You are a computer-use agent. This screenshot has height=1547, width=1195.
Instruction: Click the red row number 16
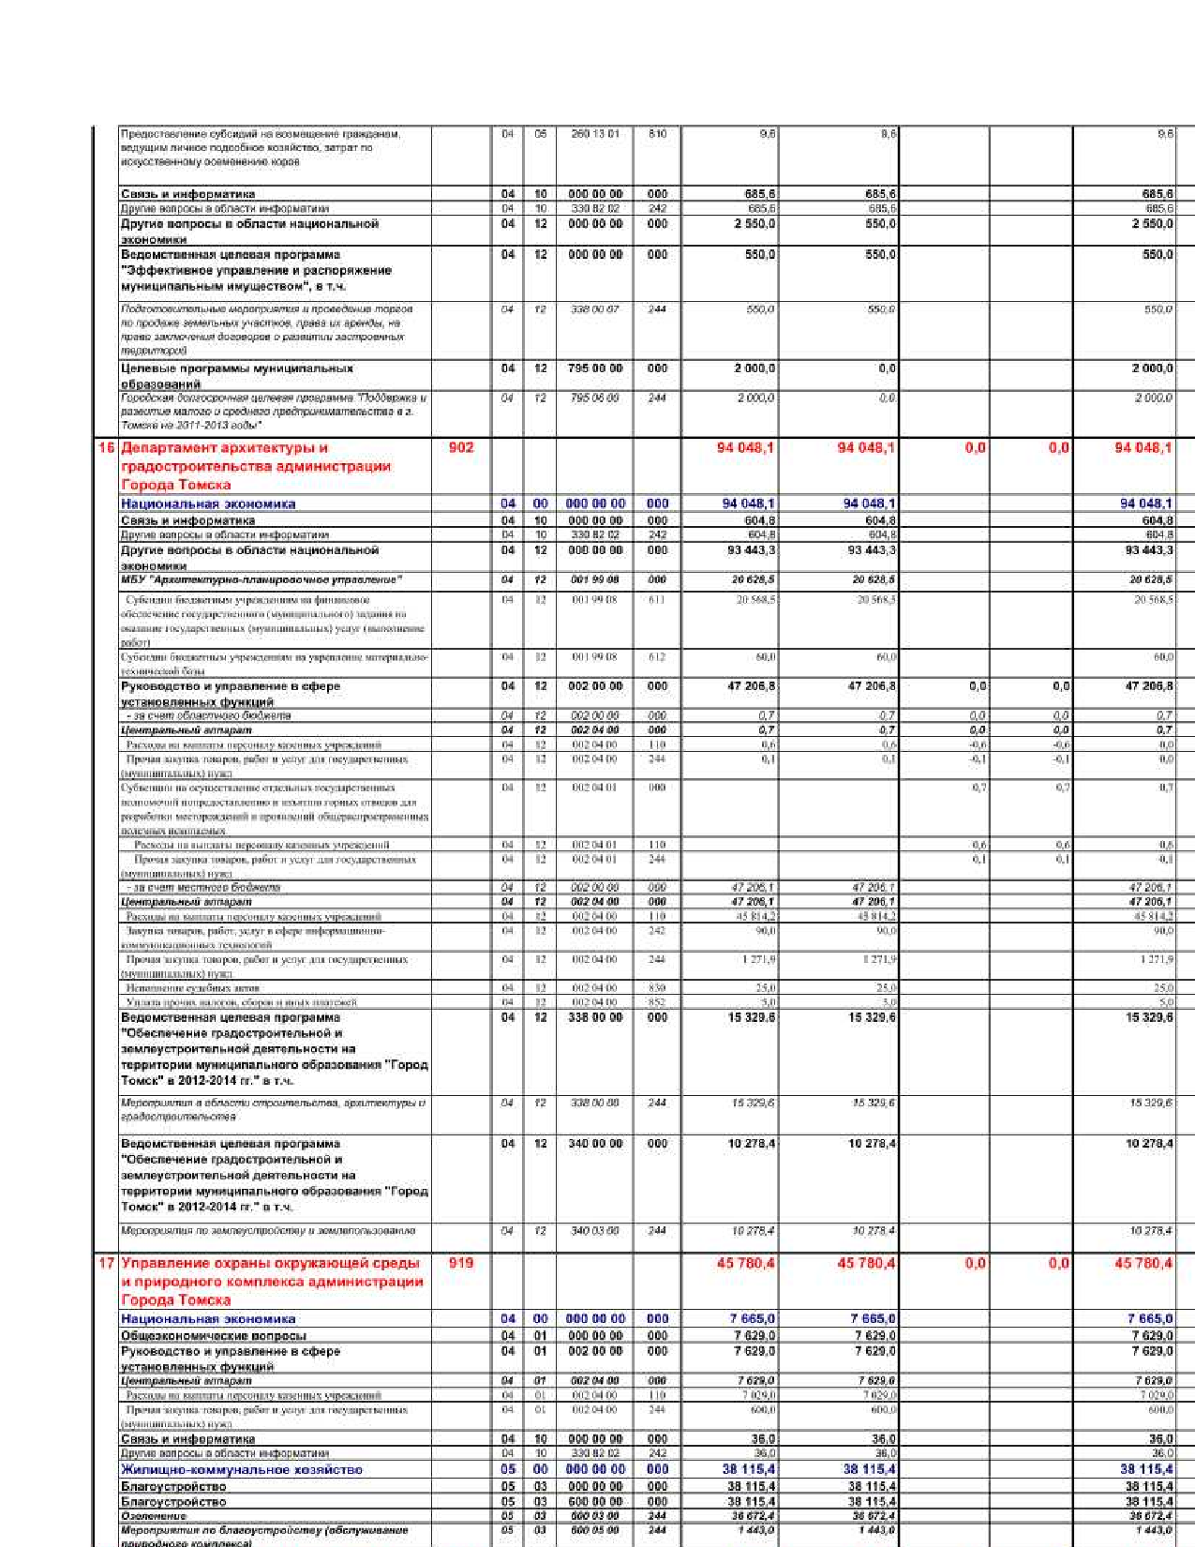pyautogui.click(x=107, y=448)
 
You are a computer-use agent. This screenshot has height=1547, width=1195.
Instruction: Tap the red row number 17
pyautogui.click(x=107, y=1263)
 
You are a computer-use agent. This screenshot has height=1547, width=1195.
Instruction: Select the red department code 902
pyautogui.click(x=461, y=448)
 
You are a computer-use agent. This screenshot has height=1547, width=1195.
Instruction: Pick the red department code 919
pyautogui.click(x=461, y=1263)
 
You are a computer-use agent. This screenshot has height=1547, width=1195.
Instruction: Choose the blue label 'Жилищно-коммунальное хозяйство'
pyautogui.click(x=241, y=1470)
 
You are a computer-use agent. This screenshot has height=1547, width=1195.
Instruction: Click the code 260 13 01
pyautogui.click(x=595, y=134)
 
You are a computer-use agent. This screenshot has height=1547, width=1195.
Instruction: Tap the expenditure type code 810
pyautogui.click(x=657, y=134)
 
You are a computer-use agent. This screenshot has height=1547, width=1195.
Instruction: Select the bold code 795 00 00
pyautogui.click(x=595, y=368)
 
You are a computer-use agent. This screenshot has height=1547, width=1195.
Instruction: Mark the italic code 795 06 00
pyautogui.click(x=595, y=398)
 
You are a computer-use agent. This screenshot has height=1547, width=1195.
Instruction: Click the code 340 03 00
pyautogui.click(x=595, y=1230)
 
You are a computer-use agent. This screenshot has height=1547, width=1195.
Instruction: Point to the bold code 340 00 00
pyautogui.click(x=595, y=1144)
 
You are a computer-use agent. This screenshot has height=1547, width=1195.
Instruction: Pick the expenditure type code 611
pyautogui.click(x=657, y=599)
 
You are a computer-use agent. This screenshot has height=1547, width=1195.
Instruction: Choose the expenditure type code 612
pyautogui.click(x=657, y=657)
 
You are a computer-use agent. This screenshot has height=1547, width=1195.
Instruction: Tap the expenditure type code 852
pyautogui.click(x=657, y=1002)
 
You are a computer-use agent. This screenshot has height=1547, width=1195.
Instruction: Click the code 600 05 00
pyautogui.click(x=595, y=1530)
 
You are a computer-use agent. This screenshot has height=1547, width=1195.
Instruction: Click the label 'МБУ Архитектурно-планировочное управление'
pyautogui.click(x=261, y=579)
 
